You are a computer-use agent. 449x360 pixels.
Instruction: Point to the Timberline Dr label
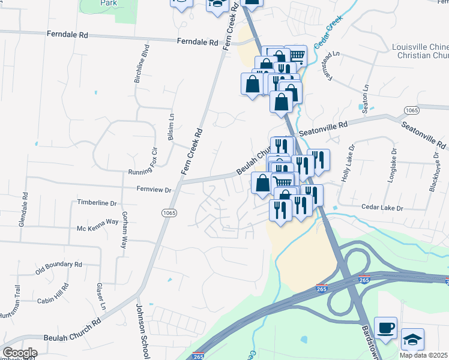pyautogui.click(x=96, y=203)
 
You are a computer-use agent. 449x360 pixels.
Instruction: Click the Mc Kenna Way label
pyautogui.click(x=97, y=221)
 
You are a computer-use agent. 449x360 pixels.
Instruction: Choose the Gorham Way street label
pyautogui.click(x=124, y=230)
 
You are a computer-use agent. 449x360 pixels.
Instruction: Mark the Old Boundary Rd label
pyautogui.click(x=58, y=264)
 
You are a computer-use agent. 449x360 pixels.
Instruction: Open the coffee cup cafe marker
pyautogui.click(x=385, y=328)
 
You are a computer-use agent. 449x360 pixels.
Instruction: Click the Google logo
pyautogui.click(x=19, y=353)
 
